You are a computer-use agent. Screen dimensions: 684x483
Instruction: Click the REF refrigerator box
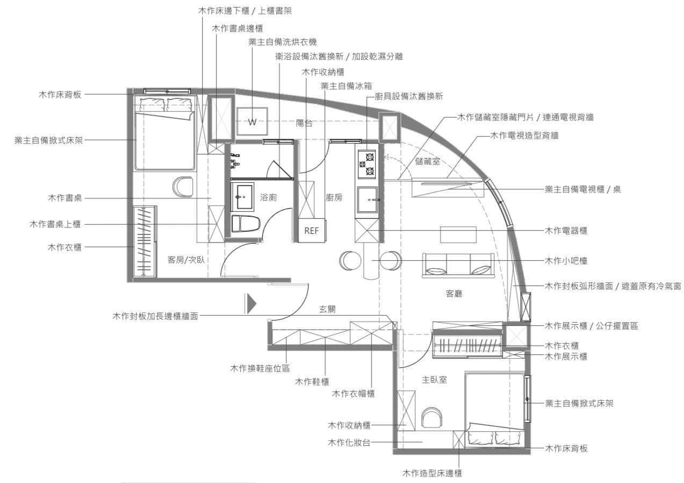[x=312, y=230]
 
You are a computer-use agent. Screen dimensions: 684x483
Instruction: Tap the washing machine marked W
[x=252, y=122]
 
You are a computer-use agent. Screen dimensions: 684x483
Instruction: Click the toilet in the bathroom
[x=246, y=223]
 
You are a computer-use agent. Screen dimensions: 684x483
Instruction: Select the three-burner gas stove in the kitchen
[x=367, y=164]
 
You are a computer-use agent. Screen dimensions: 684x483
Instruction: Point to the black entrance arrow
[x=251, y=304]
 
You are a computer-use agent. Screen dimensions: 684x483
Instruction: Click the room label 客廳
[x=453, y=294]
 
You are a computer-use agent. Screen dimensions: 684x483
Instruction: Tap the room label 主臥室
[x=434, y=380]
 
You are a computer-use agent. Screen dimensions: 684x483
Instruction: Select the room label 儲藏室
[x=428, y=161]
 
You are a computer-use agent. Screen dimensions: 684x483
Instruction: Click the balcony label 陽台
[x=304, y=123]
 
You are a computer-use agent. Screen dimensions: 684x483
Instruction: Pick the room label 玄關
[x=327, y=309]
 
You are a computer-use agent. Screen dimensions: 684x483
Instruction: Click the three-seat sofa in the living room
[x=458, y=265]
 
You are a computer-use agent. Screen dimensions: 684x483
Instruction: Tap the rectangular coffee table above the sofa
[x=458, y=235]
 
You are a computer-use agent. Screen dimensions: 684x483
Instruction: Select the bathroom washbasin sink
[x=242, y=197]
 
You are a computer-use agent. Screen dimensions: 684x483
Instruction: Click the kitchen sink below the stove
[x=368, y=200]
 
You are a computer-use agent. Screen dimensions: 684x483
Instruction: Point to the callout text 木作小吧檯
[x=566, y=261]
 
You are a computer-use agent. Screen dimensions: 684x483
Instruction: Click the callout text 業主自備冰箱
[x=346, y=86]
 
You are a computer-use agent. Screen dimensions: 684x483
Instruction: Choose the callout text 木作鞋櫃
[x=312, y=381]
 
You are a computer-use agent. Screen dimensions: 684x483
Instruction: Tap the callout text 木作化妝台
[x=349, y=442]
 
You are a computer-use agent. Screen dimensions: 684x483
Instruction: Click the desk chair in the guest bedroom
[x=183, y=187]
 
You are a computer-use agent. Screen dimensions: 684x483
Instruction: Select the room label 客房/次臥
[x=186, y=260]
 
